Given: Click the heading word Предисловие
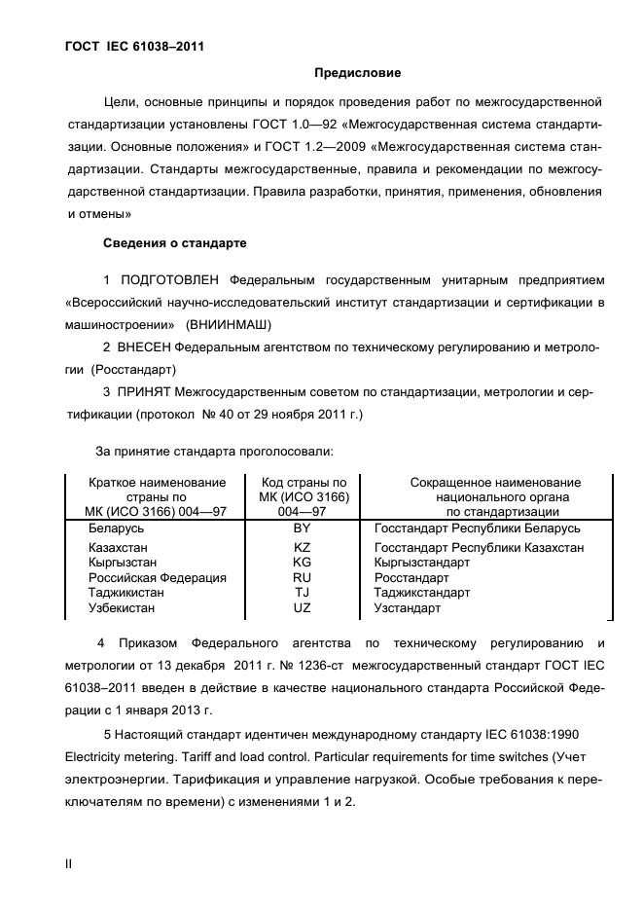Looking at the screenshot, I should (358, 73).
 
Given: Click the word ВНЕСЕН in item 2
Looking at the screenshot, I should (145, 347).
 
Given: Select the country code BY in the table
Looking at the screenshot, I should (303, 528).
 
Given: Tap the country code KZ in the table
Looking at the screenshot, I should (303, 548).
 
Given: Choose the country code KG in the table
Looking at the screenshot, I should (303, 563).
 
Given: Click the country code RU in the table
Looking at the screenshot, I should (303, 577).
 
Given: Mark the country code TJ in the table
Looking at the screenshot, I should (303, 593).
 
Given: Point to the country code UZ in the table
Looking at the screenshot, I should (303, 608).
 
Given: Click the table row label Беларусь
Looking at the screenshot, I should (117, 528).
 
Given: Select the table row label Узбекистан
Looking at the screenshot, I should (122, 608).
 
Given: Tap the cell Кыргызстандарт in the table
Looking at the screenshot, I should (422, 563).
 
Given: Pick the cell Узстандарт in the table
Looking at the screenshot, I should (408, 608).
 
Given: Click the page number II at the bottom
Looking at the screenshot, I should (68, 862).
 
